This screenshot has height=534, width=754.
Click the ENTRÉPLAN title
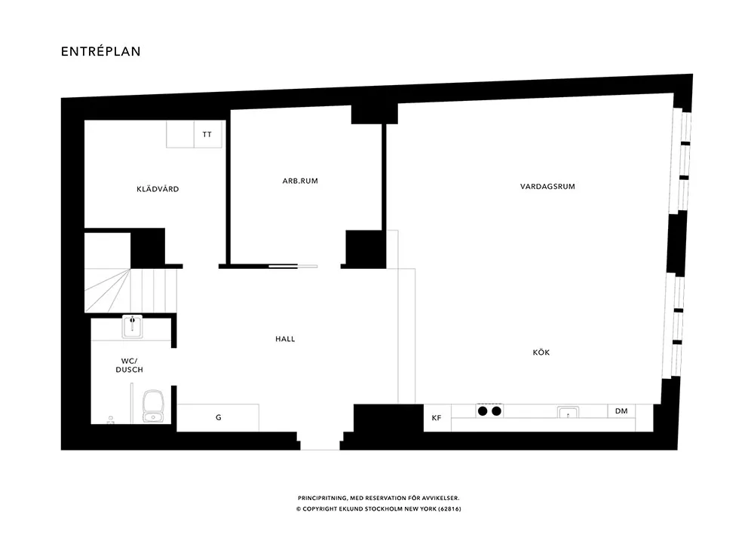pos(100,51)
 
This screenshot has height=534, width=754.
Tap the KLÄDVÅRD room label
pos(158,189)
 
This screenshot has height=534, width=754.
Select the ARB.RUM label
pos(300,181)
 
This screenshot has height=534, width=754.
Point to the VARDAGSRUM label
pos(547,186)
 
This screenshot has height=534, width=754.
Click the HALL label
pos(285,339)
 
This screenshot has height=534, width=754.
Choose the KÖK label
pos(541,352)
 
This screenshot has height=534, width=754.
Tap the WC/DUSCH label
pos(130,365)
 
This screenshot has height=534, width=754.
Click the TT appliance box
pos(208,134)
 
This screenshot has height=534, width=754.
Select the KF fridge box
pos(437,418)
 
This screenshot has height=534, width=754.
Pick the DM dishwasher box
pos(621,411)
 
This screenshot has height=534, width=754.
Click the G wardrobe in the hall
pos(218,418)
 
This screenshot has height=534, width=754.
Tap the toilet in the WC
pos(153,406)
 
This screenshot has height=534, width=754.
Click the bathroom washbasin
pos(132,326)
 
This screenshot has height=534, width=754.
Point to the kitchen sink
pos(568,413)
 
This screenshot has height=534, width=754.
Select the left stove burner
pos(483,411)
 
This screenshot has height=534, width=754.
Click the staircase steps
pos(130,290)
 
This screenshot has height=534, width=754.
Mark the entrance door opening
pos(320,441)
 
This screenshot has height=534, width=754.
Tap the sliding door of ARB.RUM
pos(293,266)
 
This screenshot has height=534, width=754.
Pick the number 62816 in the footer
pos(449,509)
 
